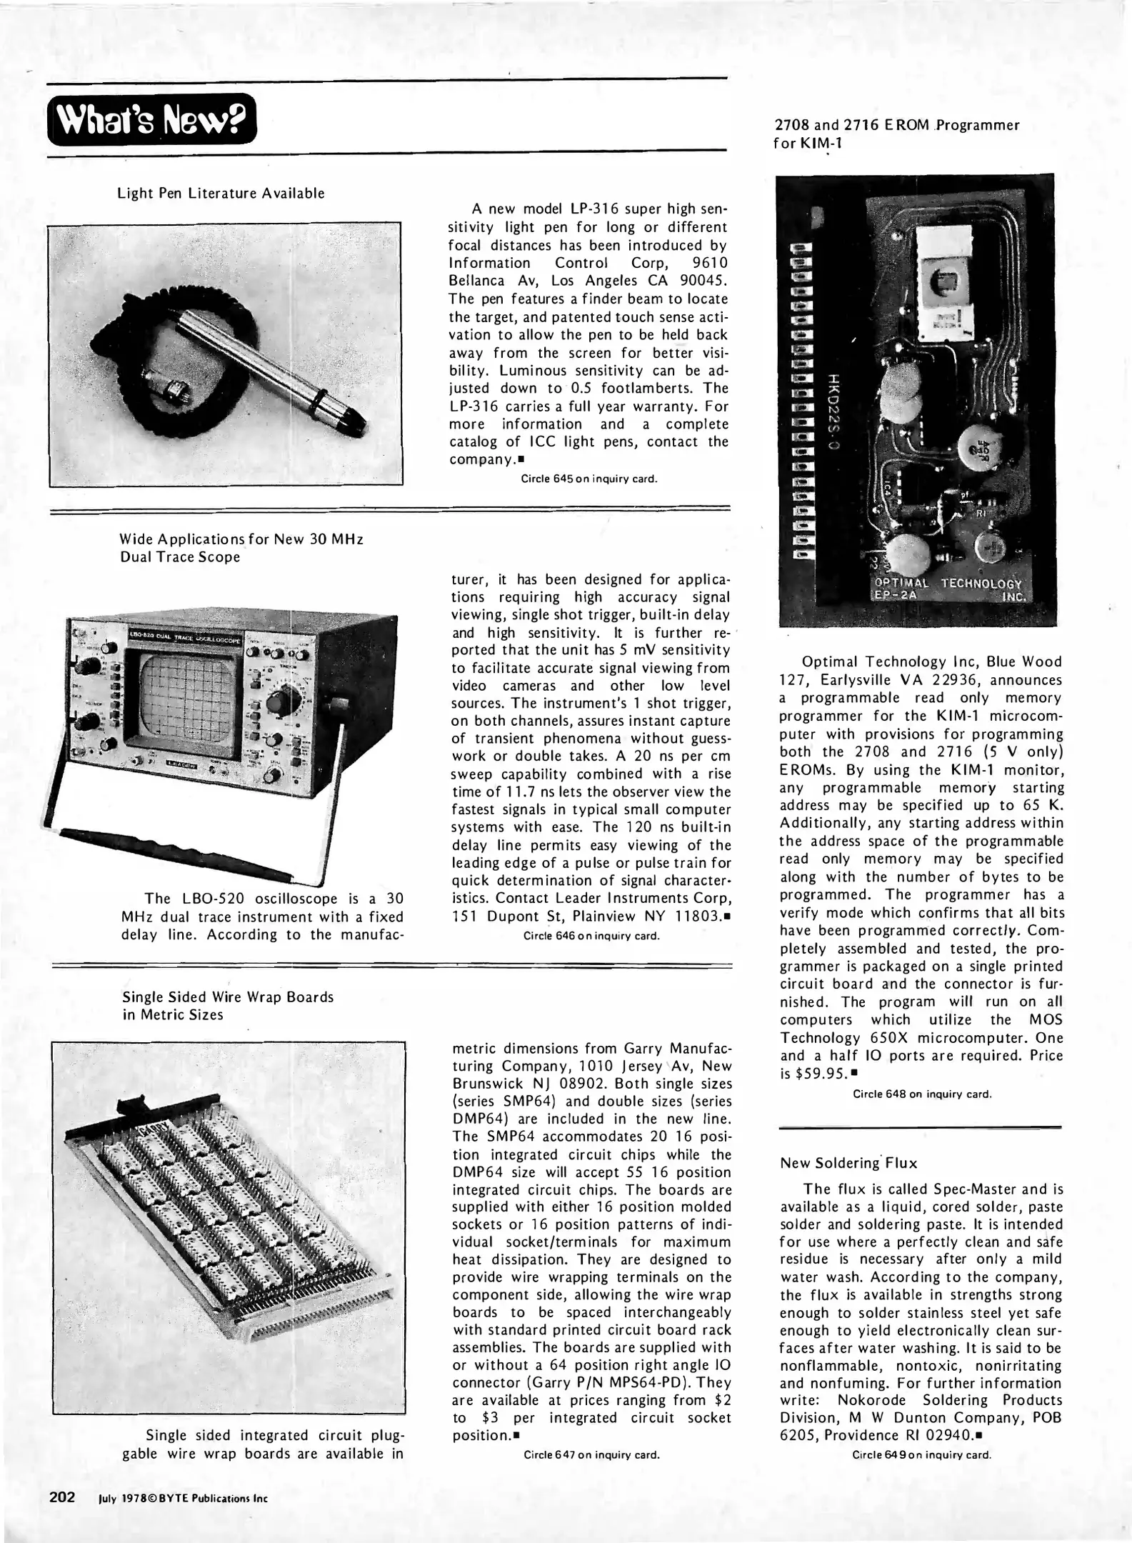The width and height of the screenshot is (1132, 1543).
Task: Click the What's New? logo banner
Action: pos(151,119)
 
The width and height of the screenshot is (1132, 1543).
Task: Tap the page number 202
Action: pos(62,1496)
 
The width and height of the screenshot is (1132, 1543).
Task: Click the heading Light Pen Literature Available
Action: pos(221,194)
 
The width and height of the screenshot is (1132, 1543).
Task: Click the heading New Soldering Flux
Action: pos(848,1164)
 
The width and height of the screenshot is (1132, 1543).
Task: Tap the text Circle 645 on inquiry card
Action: pos(589,479)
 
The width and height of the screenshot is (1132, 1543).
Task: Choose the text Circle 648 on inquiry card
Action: pos(922,1094)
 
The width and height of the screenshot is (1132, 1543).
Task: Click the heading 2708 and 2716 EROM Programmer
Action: pos(897,125)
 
